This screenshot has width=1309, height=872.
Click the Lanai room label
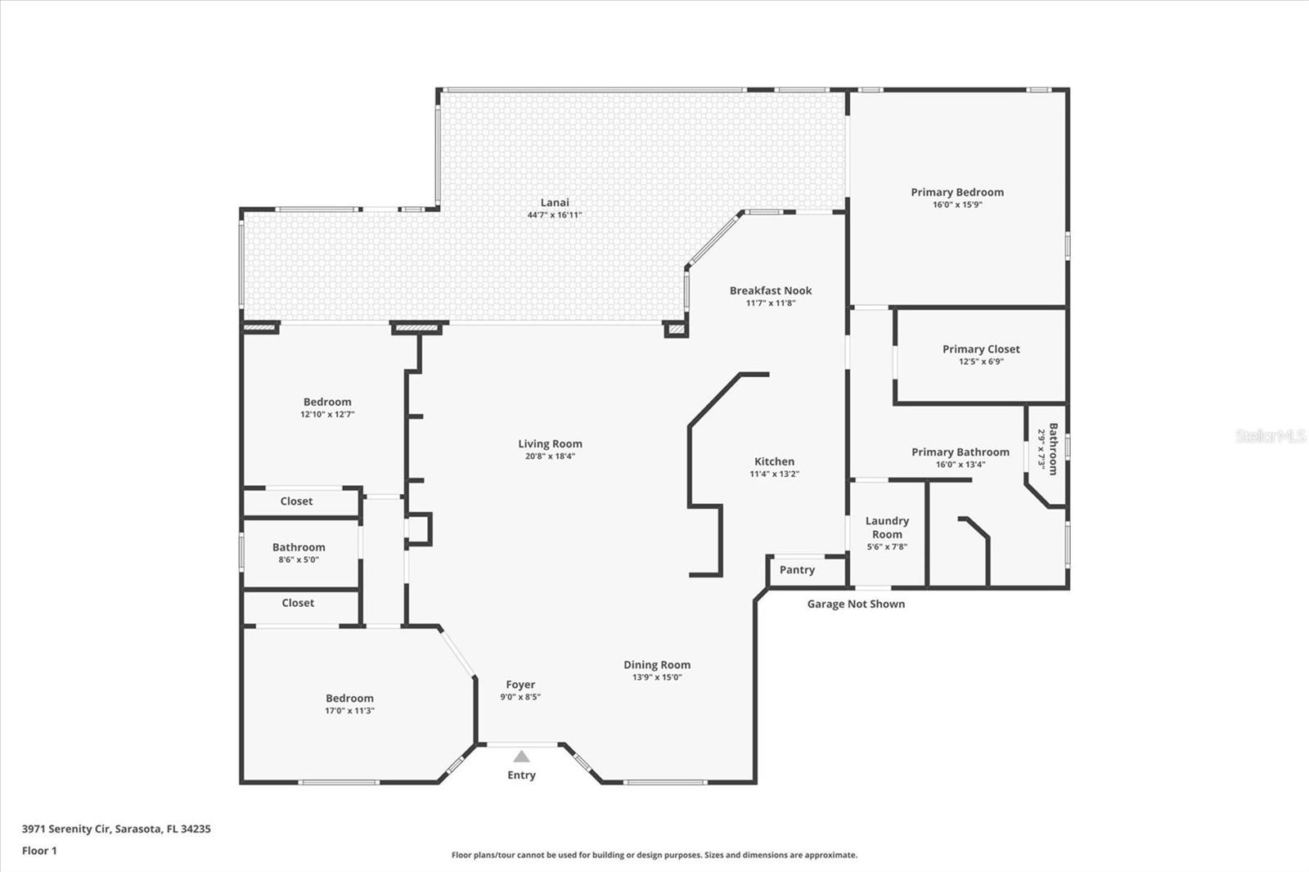[x=555, y=203]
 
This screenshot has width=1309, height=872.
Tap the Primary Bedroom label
[x=957, y=192]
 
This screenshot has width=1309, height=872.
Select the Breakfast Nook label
[x=771, y=290]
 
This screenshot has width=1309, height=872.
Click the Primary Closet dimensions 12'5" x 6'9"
[x=981, y=362]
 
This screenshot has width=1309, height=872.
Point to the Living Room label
[x=550, y=444]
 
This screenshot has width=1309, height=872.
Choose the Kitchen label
[x=774, y=461]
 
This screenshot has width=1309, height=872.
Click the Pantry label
[x=797, y=570]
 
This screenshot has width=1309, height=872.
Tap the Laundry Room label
[x=887, y=527]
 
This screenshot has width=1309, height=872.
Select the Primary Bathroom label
[x=960, y=452]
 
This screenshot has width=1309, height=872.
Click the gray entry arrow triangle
[x=521, y=757]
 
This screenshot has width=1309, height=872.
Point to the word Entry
[x=521, y=775]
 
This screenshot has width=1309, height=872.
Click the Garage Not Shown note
[x=856, y=605]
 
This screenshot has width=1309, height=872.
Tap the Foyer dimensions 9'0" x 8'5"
[x=520, y=697]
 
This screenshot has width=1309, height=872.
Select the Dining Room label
[x=657, y=665]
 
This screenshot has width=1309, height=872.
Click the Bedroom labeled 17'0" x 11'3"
[x=349, y=699]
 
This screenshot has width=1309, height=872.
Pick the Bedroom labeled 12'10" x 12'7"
[x=327, y=402]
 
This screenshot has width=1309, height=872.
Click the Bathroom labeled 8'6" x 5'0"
[x=299, y=547]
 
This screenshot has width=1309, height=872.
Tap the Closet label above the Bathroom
[x=296, y=501]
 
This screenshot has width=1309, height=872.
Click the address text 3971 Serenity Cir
[x=66, y=829]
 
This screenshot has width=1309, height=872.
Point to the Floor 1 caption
[x=39, y=851]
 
